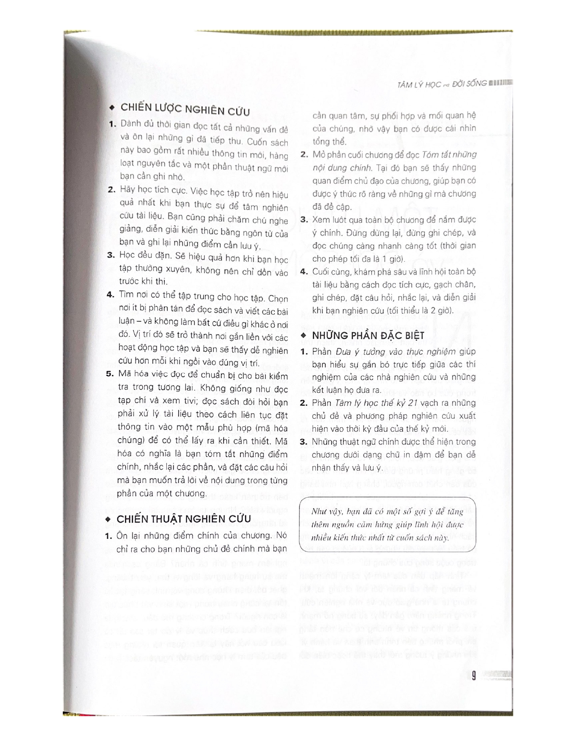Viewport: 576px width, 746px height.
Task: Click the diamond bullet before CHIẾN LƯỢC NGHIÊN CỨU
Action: [x=112, y=108]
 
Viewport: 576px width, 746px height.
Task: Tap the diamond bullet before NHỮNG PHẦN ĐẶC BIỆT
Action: [x=303, y=335]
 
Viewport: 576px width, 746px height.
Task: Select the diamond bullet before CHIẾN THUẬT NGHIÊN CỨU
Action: [x=108, y=519]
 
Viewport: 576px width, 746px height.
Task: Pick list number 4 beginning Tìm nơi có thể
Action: [x=110, y=294]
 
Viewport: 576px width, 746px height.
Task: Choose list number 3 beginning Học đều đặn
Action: [x=110, y=255]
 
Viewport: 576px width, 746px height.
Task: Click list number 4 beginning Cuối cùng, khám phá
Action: [x=304, y=272]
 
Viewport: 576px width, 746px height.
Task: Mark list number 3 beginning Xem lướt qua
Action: [x=304, y=220]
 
